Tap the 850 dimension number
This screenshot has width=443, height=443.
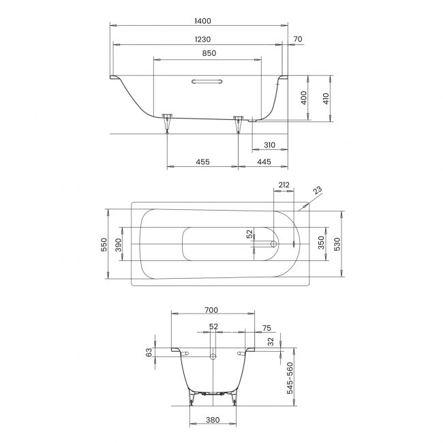209,53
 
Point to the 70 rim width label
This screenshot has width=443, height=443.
297,39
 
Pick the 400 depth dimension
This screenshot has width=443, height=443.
304,98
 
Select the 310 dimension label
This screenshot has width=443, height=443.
269,144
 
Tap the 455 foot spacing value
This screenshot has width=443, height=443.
202,162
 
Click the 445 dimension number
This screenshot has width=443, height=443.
264,162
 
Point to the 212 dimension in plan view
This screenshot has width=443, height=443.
284,184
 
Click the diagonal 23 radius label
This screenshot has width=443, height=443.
318,192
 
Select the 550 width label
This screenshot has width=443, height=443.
104,244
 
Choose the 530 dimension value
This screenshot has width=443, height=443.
338,244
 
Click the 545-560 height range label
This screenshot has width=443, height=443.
290,378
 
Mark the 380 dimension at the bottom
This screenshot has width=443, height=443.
212,420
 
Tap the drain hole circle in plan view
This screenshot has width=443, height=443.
273,243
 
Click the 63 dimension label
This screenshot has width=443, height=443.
149,352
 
